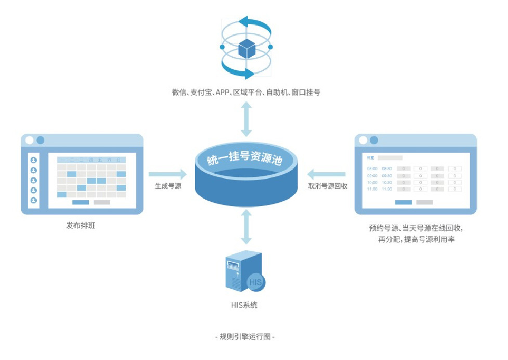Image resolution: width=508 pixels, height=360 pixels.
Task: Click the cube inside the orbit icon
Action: click(246, 49)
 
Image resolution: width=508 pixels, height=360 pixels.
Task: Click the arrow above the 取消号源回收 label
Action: click(327, 173)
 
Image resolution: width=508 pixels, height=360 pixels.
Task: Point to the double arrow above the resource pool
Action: click(246, 119)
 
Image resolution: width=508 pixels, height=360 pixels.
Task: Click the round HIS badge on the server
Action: click(255, 281)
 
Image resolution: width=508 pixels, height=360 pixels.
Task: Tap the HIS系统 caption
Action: click(244, 305)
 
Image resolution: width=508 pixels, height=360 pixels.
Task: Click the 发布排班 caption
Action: click(81, 226)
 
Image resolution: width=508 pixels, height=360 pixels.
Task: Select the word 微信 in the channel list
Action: click(179, 92)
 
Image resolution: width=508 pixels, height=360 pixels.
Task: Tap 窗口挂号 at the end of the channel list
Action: click(307, 92)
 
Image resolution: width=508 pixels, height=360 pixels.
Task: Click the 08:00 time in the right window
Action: click(372, 169)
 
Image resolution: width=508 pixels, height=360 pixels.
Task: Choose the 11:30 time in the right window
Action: click(387, 189)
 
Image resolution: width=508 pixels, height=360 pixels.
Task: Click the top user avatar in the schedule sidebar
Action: click(34, 160)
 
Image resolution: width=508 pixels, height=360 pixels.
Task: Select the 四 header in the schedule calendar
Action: click(91, 160)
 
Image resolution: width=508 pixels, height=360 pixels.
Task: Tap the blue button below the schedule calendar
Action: click(80, 202)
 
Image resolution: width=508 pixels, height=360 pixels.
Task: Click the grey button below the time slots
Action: click(425, 202)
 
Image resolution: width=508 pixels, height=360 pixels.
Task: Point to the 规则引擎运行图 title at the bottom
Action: click(244, 337)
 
